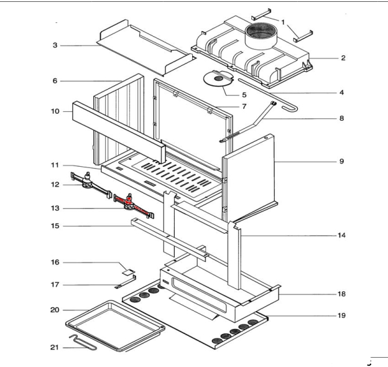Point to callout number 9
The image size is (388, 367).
tap(341, 162)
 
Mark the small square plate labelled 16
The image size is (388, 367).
tap(130, 271)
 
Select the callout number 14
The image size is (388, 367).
tap(341, 236)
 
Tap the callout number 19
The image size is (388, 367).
tap(341, 315)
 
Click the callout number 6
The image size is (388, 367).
tap(55, 81)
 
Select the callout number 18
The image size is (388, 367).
tap(341, 294)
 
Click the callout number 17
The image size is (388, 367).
tap(55, 286)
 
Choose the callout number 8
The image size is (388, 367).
tap(341, 118)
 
